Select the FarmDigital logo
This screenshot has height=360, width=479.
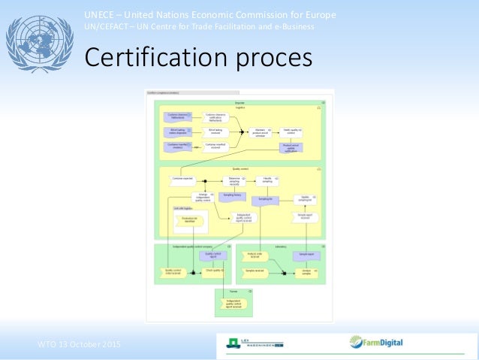coord(376,343)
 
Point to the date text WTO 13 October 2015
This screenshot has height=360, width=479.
coord(79,344)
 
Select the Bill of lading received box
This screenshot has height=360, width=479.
coord(215,132)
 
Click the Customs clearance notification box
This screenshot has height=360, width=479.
coord(215,116)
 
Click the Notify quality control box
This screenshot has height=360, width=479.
coord(291,132)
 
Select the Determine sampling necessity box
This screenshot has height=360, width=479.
coord(233,181)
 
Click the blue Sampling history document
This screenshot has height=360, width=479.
coord(233,195)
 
